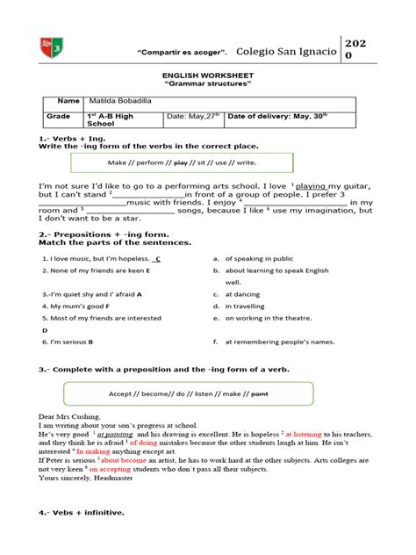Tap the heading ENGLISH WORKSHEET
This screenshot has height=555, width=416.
point(207,76)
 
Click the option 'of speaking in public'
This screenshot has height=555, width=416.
point(259,259)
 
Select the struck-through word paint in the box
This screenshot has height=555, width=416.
point(261,393)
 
